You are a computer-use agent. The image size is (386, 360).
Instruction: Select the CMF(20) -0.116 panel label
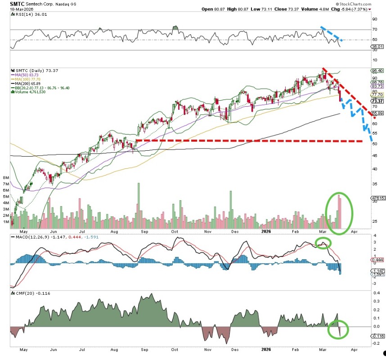27,293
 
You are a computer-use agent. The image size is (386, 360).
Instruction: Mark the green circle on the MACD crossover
323,243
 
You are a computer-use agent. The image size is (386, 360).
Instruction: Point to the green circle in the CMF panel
337,328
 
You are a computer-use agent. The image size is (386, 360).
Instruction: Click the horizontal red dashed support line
247,141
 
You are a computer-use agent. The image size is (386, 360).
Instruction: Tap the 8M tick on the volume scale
6,178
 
